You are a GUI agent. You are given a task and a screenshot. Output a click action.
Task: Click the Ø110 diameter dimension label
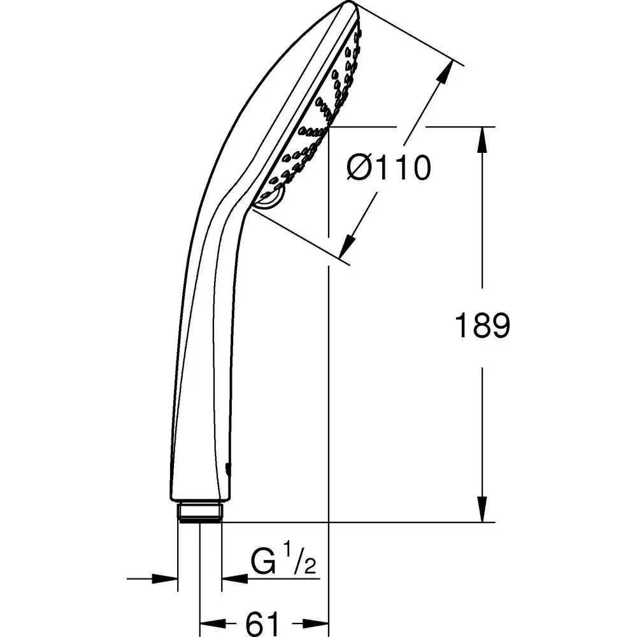pos(389,169)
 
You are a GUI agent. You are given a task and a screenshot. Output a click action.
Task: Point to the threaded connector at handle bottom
pos(201,512)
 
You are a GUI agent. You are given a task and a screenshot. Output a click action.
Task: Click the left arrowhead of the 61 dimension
pos(210,622)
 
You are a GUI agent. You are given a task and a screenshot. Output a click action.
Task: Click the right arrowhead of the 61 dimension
pos(318,622)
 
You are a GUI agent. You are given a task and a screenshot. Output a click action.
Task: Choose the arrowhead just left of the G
pos(232,578)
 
